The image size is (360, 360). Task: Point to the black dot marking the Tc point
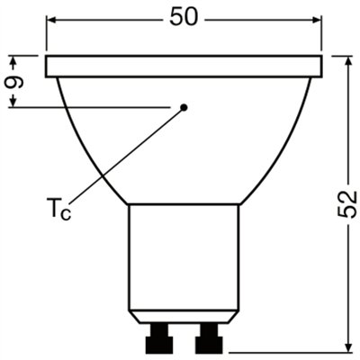pyautogui.click(x=184, y=108)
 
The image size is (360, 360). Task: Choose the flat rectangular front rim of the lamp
pyautogui.click(x=184, y=66)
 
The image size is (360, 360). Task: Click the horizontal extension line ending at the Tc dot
pyautogui.click(x=90, y=108)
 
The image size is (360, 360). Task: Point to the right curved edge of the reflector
pyautogui.click(x=288, y=144)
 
